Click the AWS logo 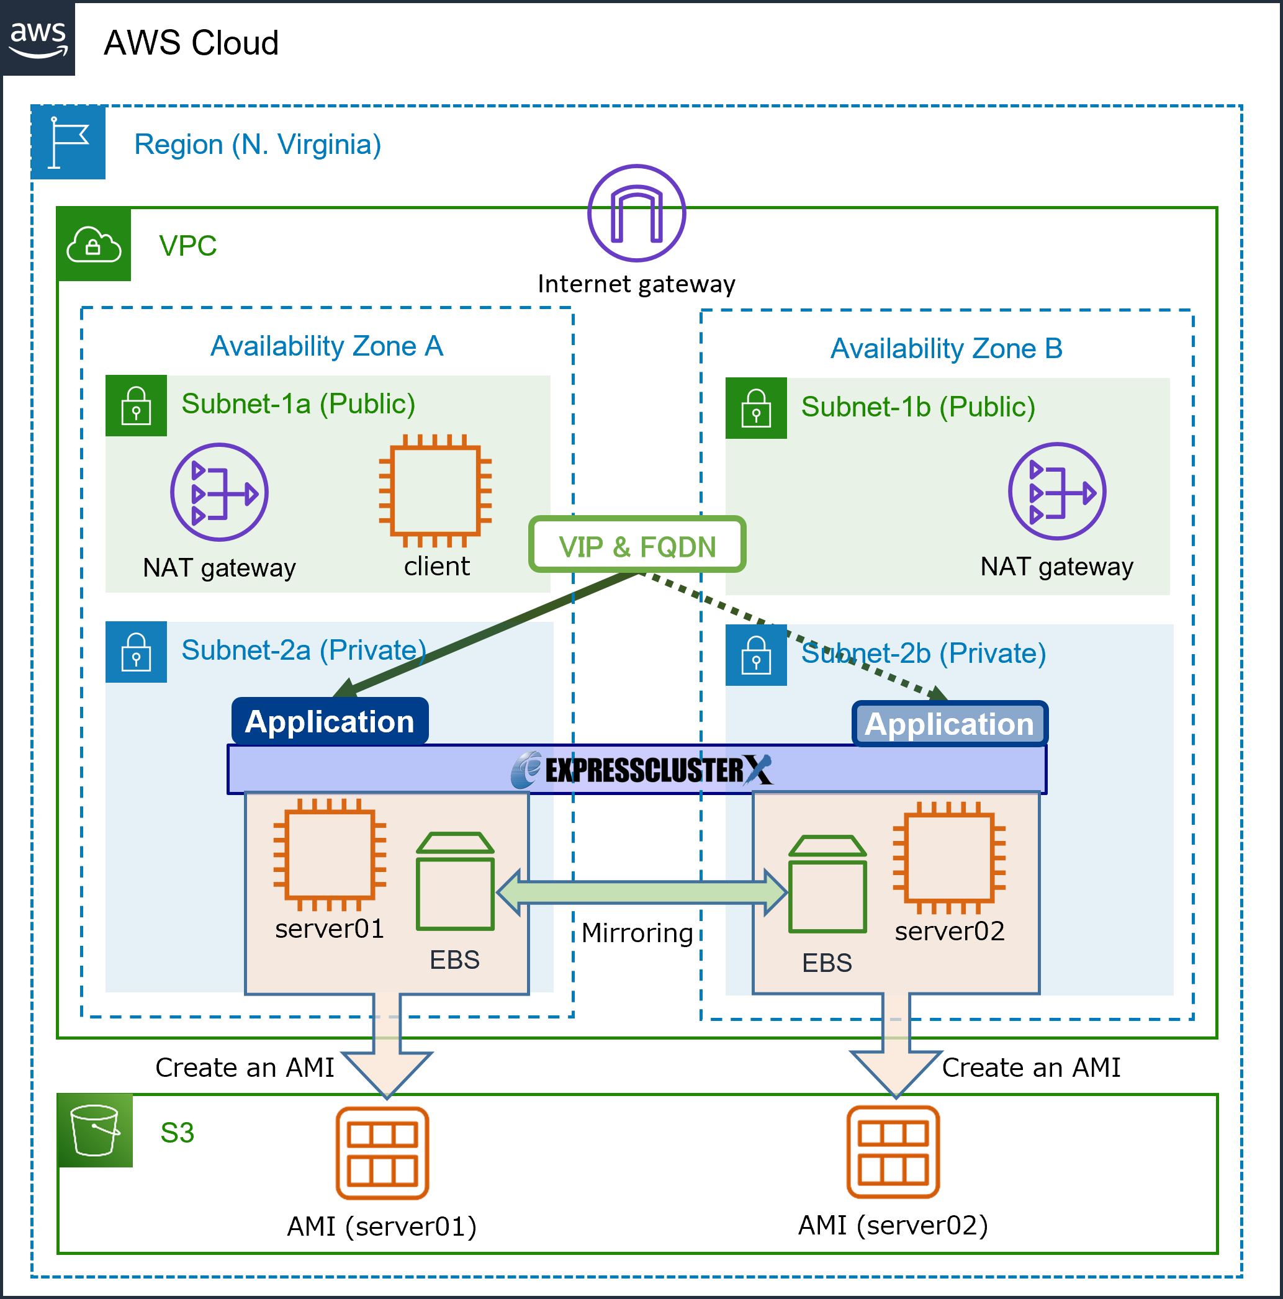[x=38, y=38]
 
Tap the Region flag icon [x=68, y=143]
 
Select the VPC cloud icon [x=94, y=245]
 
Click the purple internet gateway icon [x=636, y=213]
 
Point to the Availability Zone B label [x=946, y=349]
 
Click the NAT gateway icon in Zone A [x=219, y=492]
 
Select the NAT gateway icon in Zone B [x=1056, y=492]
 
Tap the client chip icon [x=435, y=492]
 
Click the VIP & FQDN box [x=637, y=546]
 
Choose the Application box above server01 [x=330, y=721]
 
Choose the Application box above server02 [x=949, y=724]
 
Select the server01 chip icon [x=330, y=855]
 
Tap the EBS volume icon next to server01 [x=455, y=881]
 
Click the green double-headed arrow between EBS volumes [x=642, y=892]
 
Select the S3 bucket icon [x=95, y=1130]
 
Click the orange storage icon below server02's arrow [x=893, y=1152]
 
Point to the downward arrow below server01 [x=387, y=1049]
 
